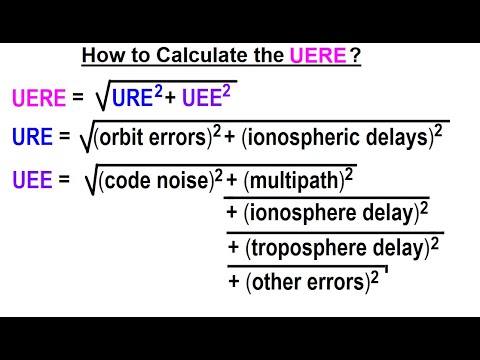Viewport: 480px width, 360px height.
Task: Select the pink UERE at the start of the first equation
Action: [39, 99]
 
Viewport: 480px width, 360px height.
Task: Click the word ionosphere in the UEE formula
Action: [300, 213]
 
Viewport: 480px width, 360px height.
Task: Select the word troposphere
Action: [304, 247]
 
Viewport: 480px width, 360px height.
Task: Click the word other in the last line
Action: [276, 281]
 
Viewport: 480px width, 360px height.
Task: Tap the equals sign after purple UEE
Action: [65, 180]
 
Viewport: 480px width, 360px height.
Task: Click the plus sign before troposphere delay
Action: [234, 247]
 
